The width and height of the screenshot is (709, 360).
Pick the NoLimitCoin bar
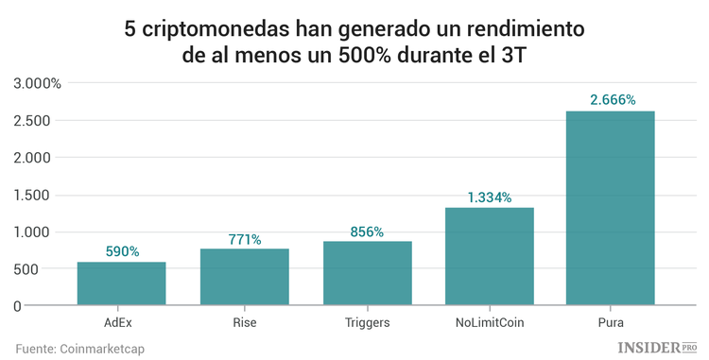point(489,256)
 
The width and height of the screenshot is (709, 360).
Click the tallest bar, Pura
point(610,208)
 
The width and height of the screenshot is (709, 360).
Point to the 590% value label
point(121,251)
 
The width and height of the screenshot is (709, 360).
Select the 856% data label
point(367,231)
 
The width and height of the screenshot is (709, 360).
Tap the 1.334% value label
point(489,197)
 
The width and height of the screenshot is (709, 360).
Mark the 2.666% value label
point(611,100)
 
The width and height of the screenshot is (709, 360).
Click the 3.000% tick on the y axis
point(37,83)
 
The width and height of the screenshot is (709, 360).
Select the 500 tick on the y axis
point(49,269)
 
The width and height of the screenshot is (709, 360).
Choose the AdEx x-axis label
point(121,322)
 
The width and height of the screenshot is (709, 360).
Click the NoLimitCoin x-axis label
point(489,322)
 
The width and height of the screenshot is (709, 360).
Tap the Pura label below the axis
point(611,322)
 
